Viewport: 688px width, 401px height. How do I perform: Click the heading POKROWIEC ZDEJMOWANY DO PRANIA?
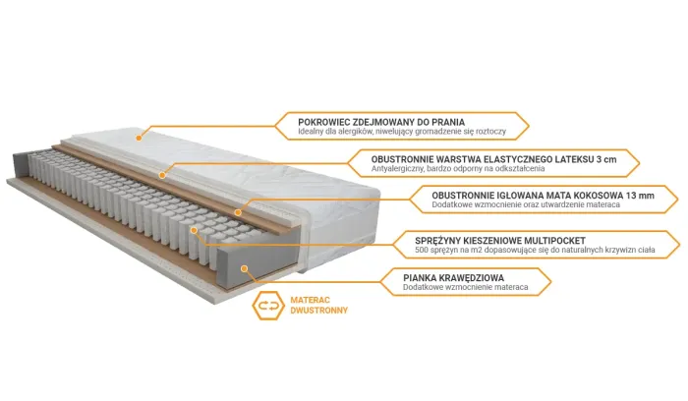(x=381, y=122)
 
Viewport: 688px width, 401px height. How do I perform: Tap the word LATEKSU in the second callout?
(x=574, y=159)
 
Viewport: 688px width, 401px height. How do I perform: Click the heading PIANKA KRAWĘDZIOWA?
(x=454, y=277)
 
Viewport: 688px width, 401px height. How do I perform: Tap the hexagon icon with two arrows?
(x=268, y=306)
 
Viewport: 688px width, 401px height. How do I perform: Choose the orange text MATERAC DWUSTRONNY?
(x=319, y=305)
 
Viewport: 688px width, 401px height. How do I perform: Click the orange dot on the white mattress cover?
(x=139, y=138)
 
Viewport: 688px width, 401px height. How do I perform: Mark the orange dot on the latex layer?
(x=162, y=176)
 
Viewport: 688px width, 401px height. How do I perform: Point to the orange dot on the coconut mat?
(x=238, y=212)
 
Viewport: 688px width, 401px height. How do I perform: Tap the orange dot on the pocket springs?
(x=194, y=230)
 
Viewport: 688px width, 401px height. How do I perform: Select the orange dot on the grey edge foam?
(x=245, y=268)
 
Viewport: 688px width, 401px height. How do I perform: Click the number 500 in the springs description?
(x=422, y=250)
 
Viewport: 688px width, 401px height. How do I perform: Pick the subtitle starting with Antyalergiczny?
(x=458, y=168)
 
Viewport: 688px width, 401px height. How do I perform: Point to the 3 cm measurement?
(x=606, y=159)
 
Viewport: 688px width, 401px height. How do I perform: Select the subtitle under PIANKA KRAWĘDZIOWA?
(x=466, y=287)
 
